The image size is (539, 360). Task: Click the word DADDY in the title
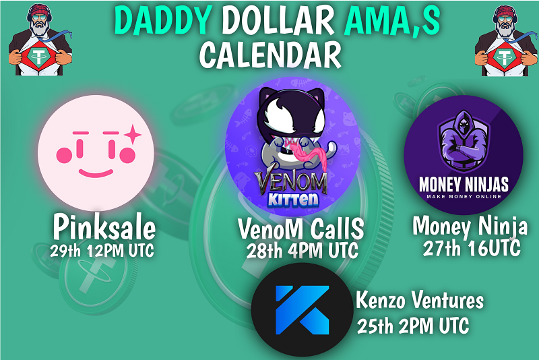[x=163, y=21]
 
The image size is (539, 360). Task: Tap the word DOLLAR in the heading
[x=278, y=21]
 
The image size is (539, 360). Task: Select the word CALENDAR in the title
[x=270, y=55]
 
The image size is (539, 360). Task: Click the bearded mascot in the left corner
[x=40, y=40]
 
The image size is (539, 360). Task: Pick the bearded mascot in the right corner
[x=506, y=40]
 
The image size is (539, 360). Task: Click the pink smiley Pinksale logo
[x=96, y=153]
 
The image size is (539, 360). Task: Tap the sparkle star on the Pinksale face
[x=132, y=134]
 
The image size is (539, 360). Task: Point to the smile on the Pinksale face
[x=96, y=173]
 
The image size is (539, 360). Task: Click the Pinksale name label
[x=104, y=227]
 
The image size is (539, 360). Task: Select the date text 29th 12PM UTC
[x=102, y=251]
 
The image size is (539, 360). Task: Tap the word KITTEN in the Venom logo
[x=293, y=200]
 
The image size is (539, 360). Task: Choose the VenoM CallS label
[x=300, y=229]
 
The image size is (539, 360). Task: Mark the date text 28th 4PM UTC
[x=303, y=251]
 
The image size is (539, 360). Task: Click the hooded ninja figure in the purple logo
[x=464, y=141]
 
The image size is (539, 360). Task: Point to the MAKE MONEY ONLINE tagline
[x=464, y=197]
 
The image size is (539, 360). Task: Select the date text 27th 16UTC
[x=472, y=248]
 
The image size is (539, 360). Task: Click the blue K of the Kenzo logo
[x=302, y=310]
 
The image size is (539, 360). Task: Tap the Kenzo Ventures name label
[x=420, y=300]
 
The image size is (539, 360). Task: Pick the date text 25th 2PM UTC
[x=413, y=325]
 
